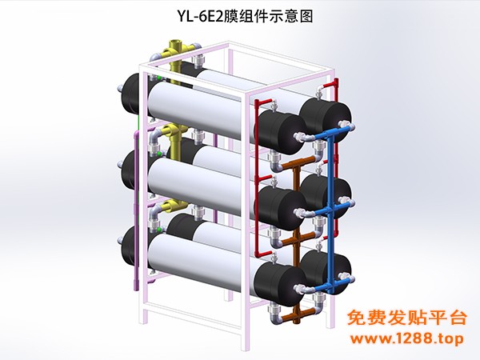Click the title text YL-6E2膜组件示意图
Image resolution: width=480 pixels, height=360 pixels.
point(246,16)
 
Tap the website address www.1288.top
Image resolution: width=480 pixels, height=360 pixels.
point(407,338)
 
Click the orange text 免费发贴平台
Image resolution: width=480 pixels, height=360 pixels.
point(407,318)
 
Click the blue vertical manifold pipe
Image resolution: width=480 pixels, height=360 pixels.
point(330,211)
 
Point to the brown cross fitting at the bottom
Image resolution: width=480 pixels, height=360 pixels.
point(297,314)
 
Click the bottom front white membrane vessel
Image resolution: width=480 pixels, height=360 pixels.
point(202,260)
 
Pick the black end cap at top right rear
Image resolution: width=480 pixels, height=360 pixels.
point(325,118)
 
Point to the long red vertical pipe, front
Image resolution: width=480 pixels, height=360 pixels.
point(257,178)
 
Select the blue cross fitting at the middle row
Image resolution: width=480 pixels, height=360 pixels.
point(330,210)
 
